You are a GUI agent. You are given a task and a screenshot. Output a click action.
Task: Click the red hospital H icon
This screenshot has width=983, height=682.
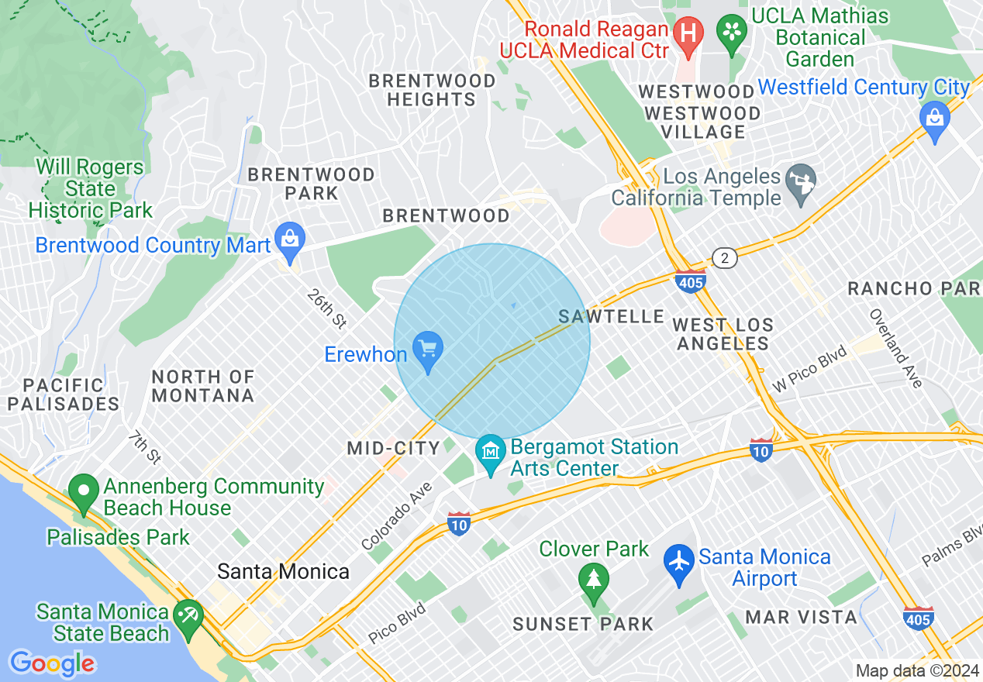687,33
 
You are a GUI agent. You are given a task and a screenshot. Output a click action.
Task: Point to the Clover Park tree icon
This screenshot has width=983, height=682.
594,580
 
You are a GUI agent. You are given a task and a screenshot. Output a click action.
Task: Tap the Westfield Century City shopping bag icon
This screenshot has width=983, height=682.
935,119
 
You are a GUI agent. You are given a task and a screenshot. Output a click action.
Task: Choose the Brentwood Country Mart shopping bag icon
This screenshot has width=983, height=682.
290,239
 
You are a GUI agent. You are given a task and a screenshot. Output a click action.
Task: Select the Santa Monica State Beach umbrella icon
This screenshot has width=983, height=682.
188,617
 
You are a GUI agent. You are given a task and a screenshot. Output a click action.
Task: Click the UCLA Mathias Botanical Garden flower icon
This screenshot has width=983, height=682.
731,32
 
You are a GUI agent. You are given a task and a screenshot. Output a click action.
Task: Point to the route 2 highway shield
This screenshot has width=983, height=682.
724,259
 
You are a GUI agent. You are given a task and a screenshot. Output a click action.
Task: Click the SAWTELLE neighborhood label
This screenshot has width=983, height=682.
612,316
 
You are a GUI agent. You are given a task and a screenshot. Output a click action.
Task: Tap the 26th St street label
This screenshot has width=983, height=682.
326,308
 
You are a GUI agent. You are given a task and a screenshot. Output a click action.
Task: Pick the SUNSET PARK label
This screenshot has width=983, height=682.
583,624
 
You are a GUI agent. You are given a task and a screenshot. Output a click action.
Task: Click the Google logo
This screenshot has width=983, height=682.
52,663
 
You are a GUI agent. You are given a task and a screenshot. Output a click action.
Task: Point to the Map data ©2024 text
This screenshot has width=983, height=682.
916,670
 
